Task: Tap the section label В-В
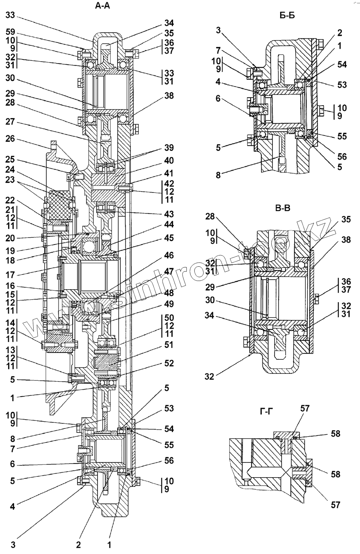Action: point(283,208)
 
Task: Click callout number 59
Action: point(11,32)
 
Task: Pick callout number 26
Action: point(11,139)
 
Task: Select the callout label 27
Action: point(11,122)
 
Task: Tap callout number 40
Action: point(169,161)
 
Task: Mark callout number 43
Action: point(169,214)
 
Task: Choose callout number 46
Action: point(169,255)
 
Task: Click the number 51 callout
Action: point(169,345)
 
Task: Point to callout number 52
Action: point(169,363)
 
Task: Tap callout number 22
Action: point(11,200)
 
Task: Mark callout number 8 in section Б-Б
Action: point(218,175)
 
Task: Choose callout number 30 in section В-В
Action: point(210,300)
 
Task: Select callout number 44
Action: point(169,225)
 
